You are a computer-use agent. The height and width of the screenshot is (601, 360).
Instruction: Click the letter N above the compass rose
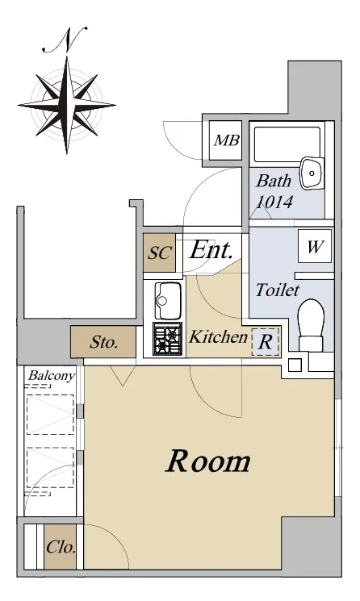pos(65,40)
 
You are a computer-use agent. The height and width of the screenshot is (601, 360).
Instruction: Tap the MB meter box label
pos(227,140)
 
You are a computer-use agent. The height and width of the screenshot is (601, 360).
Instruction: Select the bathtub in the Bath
pos(287,144)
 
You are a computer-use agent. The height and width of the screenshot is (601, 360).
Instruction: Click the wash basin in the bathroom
pos(312,173)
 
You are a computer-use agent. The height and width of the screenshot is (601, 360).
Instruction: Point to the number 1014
pos(274,202)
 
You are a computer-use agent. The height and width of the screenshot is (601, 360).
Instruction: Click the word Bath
pos(274,181)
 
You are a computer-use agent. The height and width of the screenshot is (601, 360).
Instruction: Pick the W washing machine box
pos(315,246)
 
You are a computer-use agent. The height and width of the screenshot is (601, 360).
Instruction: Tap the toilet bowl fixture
pos(312,324)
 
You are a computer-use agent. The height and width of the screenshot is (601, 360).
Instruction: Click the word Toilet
pos(277,290)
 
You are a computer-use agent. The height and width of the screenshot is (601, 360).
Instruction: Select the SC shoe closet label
pos(160,253)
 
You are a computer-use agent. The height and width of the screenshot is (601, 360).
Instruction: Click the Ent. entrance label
pos(211,250)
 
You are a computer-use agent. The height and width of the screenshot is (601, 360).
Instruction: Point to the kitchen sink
pos(168,301)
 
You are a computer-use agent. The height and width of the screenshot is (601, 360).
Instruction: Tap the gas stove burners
pos(168,339)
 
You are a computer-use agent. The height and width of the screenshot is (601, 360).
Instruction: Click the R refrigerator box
pos(266,341)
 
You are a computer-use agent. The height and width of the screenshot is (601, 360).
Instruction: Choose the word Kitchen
pos(218,337)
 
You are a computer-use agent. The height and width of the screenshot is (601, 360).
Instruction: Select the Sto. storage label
pos(103,342)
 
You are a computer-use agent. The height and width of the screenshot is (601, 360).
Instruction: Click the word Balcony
pos(52,376)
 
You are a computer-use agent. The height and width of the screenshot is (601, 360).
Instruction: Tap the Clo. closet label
pos(61,547)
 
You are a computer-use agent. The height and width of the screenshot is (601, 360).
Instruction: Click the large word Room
pos(208,461)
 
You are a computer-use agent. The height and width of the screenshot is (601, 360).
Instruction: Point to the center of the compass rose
pos(67,104)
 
